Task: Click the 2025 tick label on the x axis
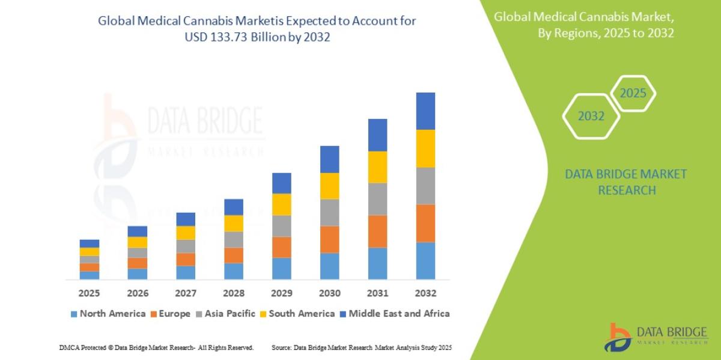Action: (x=89, y=293)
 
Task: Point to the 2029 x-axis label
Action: (x=281, y=293)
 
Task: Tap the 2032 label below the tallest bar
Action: (x=425, y=293)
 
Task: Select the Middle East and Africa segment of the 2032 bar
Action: (x=425, y=111)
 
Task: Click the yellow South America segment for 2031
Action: (x=377, y=167)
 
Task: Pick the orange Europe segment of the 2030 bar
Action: (x=329, y=239)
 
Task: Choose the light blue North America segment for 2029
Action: (x=281, y=268)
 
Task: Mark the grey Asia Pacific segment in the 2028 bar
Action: (x=233, y=239)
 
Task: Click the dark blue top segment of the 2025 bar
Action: (x=89, y=243)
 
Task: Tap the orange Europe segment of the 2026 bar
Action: (x=137, y=263)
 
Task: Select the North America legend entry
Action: (x=108, y=314)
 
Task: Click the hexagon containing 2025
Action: (x=633, y=94)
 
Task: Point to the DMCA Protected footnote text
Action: (x=156, y=348)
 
